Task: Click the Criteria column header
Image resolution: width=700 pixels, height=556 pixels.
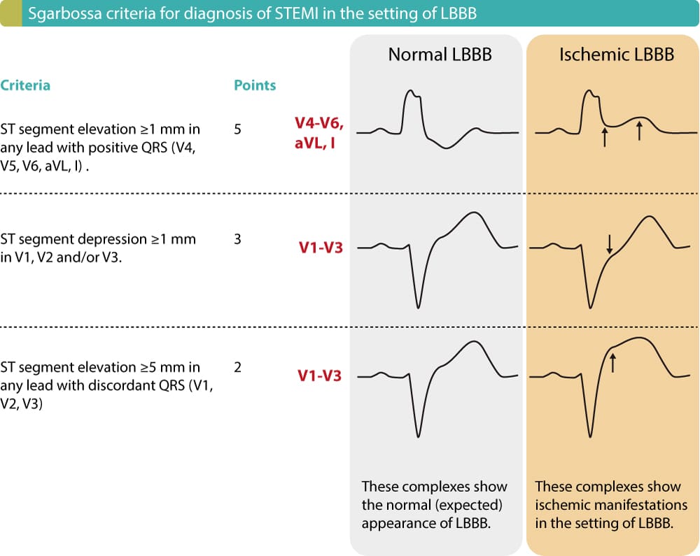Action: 25,85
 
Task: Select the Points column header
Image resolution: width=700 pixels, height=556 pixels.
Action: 255,85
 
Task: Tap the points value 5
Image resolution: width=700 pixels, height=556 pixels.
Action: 238,129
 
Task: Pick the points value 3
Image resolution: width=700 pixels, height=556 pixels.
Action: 238,239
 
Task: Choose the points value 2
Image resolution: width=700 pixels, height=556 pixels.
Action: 238,367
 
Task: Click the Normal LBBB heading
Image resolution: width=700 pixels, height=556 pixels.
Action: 440,55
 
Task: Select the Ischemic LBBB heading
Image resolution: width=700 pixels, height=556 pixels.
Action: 616,55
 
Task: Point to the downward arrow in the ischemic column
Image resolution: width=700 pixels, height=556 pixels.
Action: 610,243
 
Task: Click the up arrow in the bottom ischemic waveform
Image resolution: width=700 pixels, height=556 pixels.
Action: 612,362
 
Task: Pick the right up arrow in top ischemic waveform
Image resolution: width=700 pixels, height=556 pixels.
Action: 639,129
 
